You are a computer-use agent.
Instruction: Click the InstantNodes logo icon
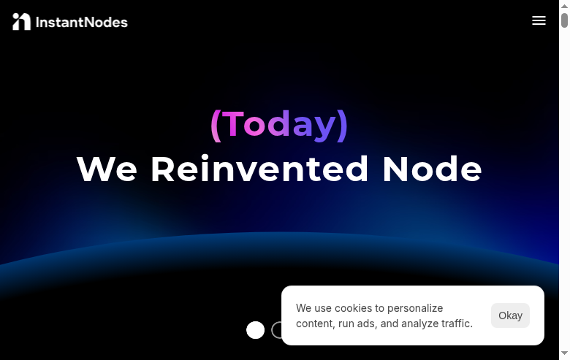21,22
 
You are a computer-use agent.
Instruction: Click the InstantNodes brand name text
82,22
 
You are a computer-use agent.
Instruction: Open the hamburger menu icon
539,20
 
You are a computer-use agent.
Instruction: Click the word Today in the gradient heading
279,124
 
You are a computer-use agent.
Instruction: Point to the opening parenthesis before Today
216,125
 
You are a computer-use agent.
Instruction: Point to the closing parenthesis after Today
343,125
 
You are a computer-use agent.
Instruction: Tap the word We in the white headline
107,169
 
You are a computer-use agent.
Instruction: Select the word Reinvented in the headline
259,169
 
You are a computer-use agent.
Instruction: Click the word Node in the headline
432,169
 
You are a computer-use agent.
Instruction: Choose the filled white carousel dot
255,330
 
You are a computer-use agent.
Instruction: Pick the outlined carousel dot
277,330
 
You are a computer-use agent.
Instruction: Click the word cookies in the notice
353,308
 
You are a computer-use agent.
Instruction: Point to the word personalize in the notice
415,308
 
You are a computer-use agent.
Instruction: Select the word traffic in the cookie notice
456,323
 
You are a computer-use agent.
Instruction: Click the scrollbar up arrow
564,4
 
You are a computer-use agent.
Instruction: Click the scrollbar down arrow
564,355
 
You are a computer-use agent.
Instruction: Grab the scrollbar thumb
564,21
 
